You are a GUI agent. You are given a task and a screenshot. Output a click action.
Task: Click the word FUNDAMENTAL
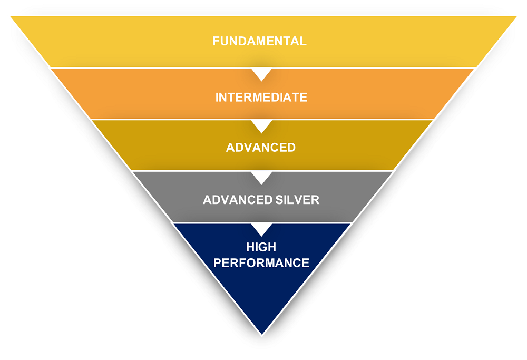pos(259,41)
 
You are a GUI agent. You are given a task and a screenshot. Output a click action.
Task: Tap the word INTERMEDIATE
pos(261,98)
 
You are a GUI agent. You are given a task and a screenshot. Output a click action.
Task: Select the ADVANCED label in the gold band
pos(261,148)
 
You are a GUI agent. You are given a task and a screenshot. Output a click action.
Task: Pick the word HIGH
pos(261,247)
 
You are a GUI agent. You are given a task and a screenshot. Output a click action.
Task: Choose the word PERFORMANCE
pos(261,262)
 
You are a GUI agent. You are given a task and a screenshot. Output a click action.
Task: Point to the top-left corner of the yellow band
pos(12,17)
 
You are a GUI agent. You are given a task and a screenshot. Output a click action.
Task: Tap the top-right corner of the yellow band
pos(515,17)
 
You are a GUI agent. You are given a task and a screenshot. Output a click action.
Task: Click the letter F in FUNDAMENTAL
pos(216,41)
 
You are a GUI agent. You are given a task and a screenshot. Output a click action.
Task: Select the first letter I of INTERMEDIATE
pos(217,98)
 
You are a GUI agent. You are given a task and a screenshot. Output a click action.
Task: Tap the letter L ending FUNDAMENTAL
pos(303,41)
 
